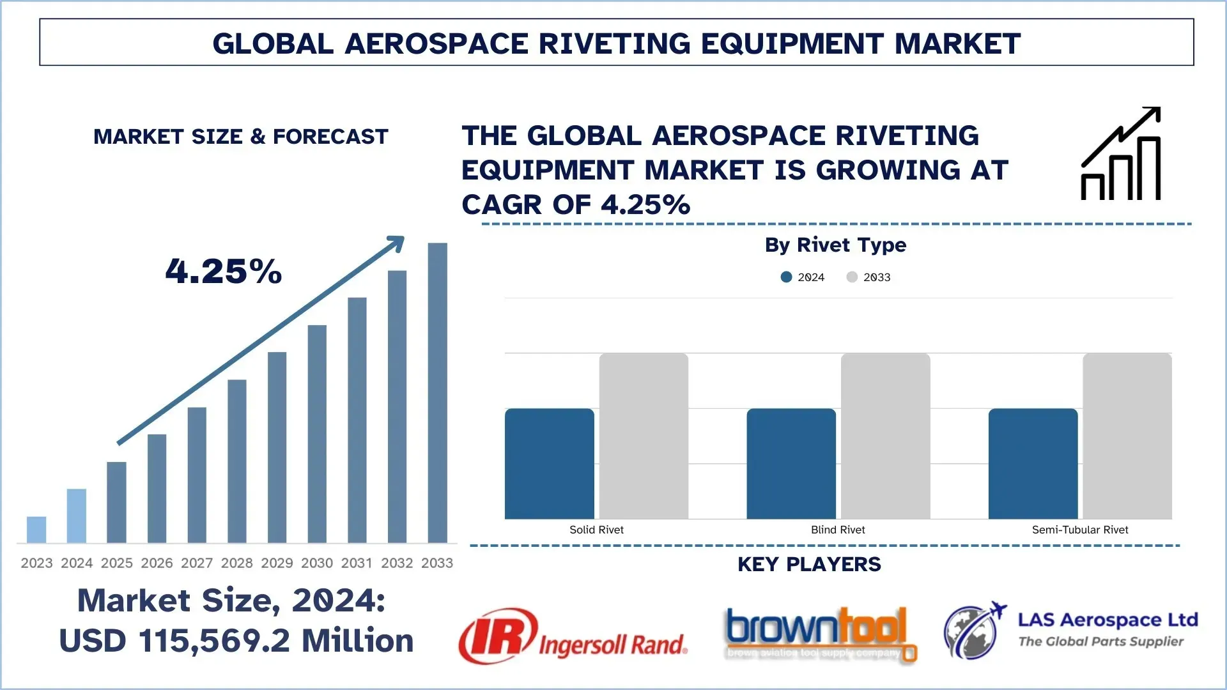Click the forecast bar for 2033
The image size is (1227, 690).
pyautogui.click(x=437, y=392)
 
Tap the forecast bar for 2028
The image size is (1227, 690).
pyautogui.click(x=237, y=461)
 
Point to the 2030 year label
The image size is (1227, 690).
pyautogui.click(x=317, y=563)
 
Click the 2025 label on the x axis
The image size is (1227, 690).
pyautogui.click(x=117, y=563)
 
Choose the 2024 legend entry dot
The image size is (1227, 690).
pyautogui.click(x=786, y=277)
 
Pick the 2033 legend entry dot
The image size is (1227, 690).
pyautogui.click(x=852, y=277)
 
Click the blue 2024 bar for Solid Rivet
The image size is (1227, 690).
pyautogui.click(x=549, y=463)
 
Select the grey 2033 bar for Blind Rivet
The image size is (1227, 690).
pyautogui.click(x=885, y=436)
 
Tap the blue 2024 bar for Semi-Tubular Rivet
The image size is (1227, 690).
pyautogui.click(x=1033, y=463)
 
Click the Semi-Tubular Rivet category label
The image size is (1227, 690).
pyautogui.click(x=1080, y=530)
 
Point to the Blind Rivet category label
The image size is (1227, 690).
pyautogui.click(x=838, y=530)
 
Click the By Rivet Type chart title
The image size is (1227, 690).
pyautogui.click(x=835, y=245)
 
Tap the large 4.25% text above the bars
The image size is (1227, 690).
pyautogui.click(x=224, y=271)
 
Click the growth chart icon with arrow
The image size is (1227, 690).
pyautogui.click(x=1121, y=154)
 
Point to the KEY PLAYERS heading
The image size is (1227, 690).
pyautogui.click(x=809, y=564)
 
